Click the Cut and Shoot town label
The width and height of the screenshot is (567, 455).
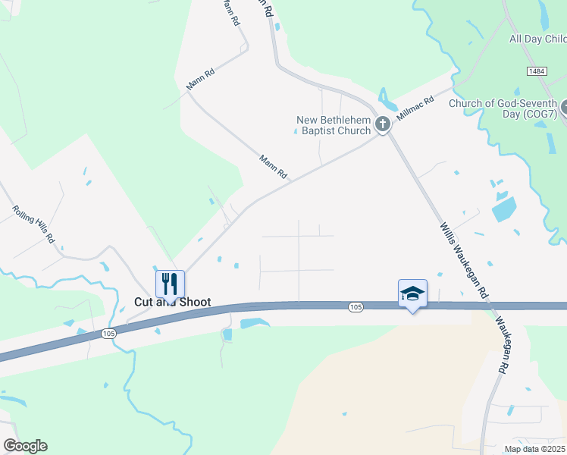click(x=172, y=302)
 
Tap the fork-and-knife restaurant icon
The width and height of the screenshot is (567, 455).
click(x=171, y=284)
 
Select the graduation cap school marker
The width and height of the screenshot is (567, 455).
click(x=412, y=293)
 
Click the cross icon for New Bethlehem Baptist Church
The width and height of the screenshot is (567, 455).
click(x=383, y=124)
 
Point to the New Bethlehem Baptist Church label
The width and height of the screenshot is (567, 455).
click(x=334, y=124)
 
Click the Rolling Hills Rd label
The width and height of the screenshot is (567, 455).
click(x=34, y=224)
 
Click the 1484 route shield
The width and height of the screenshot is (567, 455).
click(x=537, y=71)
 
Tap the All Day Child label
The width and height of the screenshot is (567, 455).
click(x=537, y=39)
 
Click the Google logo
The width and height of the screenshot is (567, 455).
click(x=25, y=446)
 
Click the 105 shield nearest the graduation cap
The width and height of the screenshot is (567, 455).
click(x=356, y=306)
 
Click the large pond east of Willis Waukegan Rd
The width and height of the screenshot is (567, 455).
click(x=503, y=209)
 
